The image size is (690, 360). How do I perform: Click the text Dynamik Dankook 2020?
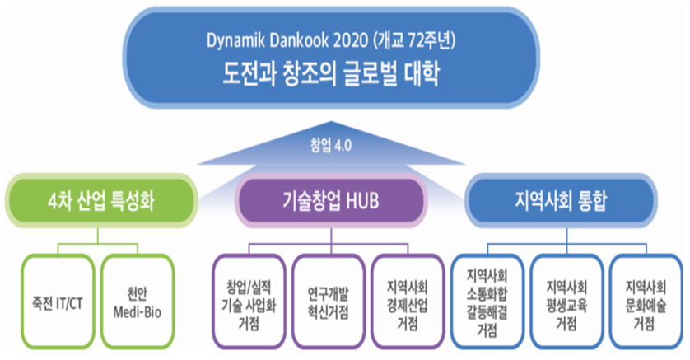pos(287,41)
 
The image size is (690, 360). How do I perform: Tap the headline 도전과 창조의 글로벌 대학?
pos(331,73)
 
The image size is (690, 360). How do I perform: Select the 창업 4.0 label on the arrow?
pos(331,145)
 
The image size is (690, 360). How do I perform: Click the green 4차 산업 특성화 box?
pos(101,201)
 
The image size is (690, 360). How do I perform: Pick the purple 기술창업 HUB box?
pos(331,201)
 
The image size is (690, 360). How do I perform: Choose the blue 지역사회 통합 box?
pos(561,201)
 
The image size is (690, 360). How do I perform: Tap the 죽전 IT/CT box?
pos(58,302)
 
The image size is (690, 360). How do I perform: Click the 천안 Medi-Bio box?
pos(138,302)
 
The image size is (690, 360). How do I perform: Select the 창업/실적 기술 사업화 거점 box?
pos(249,302)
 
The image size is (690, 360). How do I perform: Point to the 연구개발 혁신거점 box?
pos(329,302)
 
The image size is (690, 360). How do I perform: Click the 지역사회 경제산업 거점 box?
pos(408,302)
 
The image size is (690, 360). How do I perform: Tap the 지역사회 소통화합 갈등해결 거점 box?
pos(487,302)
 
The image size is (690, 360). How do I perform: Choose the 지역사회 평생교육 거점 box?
pos(566,302)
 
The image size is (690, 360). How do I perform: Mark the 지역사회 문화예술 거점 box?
pos(646,302)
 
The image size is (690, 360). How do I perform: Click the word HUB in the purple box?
pos(362,201)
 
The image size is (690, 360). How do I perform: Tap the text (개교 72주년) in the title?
pos(414,41)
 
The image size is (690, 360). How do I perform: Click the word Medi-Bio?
pos(138,312)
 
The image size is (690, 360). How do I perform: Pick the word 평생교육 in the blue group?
pos(566,306)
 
